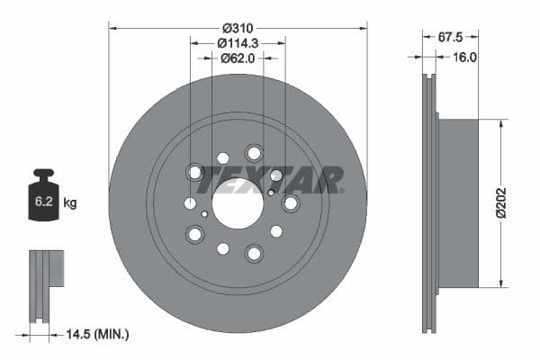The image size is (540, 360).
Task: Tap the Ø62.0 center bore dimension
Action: (238, 58)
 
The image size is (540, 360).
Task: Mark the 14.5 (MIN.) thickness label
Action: (96, 334)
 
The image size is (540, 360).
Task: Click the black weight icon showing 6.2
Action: (43, 191)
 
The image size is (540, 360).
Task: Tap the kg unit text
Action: (70, 203)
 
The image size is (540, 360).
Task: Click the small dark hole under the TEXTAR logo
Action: (271, 192)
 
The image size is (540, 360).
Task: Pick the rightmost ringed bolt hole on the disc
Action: (290, 204)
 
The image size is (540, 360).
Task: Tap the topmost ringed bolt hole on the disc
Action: (254, 153)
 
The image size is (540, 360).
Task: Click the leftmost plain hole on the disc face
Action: (190, 204)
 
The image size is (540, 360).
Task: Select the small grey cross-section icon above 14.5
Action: (47, 269)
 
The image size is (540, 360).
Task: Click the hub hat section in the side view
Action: (459, 203)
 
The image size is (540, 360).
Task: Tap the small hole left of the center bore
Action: (205, 214)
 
